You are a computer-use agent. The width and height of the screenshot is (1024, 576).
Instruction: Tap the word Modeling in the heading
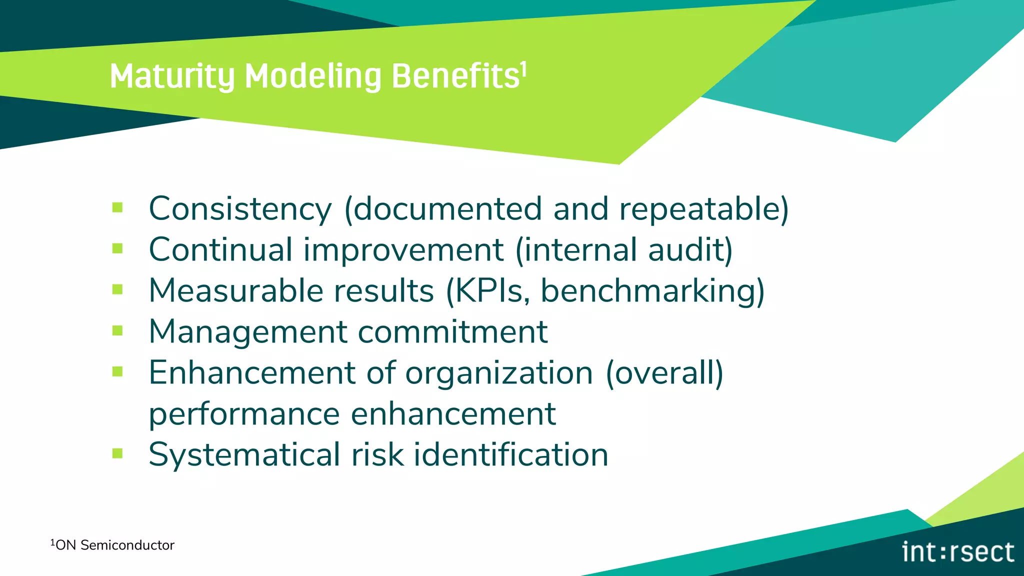[x=313, y=76]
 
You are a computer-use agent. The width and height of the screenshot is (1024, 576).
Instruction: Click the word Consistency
[x=240, y=208]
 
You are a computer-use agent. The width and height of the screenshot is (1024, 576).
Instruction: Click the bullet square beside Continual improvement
[x=117, y=248]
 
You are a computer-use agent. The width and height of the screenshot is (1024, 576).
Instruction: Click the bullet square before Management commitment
[x=117, y=330]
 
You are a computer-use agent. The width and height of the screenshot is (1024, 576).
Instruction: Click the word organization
[x=498, y=373]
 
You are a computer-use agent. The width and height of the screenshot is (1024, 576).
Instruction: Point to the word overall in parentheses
[x=664, y=372]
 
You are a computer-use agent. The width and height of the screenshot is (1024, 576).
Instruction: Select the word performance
[x=244, y=414]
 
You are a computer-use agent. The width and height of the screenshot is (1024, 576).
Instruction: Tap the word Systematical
[x=244, y=455]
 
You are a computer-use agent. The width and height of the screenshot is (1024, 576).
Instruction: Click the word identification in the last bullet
[x=510, y=454]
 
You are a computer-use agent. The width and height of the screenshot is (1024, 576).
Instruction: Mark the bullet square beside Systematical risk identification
[x=117, y=453]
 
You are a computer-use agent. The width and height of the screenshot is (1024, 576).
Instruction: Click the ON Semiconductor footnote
[x=112, y=545]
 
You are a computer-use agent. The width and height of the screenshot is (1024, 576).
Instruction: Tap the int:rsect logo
[x=957, y=552]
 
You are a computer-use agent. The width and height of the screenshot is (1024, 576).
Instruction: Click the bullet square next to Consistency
[x=117, y=207]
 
